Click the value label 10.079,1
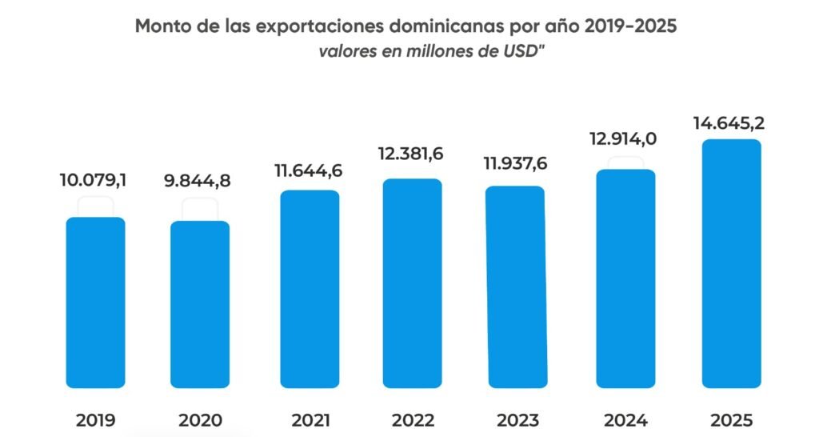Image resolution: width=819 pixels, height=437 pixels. [x=93, y=180]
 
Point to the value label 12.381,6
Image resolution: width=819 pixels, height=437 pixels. [x=412, y=154]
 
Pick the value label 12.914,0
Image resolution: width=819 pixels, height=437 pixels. [x=623, y=139]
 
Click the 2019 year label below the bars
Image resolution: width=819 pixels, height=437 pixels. [x=95, y=420]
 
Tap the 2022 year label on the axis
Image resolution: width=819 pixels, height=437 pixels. [x=413, y=420]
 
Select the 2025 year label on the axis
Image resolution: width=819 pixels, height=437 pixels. [x=731, y=420]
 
